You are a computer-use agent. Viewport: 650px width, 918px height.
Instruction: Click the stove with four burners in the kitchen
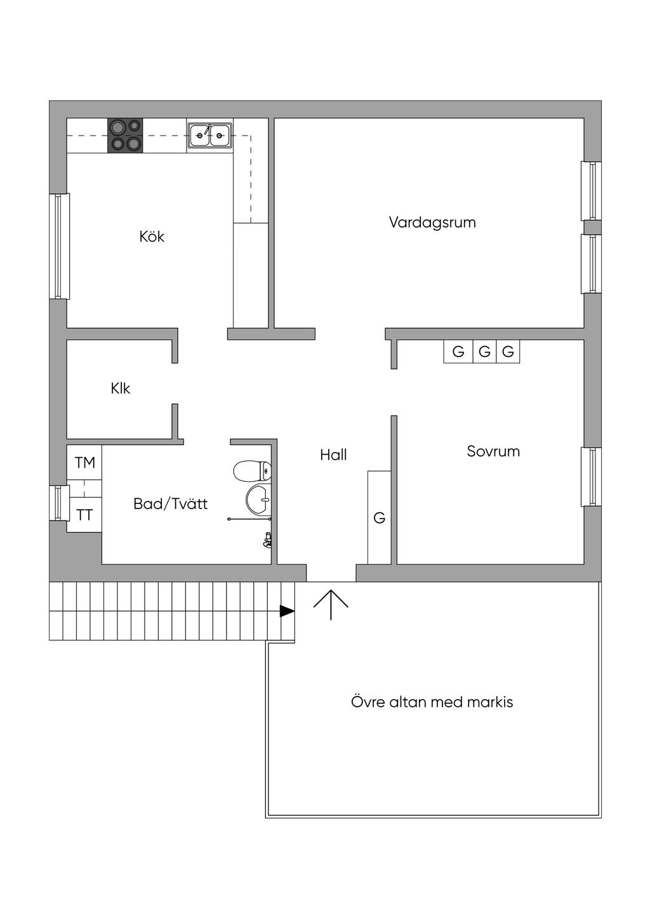(125, 135)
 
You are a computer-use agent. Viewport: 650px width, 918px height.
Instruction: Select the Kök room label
(152, 236)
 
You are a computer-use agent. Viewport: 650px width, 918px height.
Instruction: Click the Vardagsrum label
(432, 223)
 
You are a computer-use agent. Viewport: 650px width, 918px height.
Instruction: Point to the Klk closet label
(120, 388)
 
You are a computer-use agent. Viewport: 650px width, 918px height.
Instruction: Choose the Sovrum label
(493, 451)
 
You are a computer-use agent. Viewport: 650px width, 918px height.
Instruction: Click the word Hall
(333, 455)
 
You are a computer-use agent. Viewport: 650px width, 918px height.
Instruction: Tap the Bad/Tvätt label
(170, 504)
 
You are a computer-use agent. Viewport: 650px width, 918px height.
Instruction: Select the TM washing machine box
(84, 463)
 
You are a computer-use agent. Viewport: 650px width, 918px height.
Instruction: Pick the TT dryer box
(84, 515)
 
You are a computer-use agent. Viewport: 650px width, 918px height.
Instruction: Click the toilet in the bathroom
(252, 471)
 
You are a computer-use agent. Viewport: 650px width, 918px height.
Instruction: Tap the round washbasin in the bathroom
(258, 500)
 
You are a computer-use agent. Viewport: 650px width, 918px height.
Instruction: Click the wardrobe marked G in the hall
(379, 517)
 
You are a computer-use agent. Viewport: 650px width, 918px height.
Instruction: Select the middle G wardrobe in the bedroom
(484, 351)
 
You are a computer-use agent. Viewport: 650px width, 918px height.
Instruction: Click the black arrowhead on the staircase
(287, 611)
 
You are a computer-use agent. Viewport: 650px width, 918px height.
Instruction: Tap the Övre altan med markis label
(432, 702)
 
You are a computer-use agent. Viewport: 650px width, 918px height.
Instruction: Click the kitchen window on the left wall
(59, 246)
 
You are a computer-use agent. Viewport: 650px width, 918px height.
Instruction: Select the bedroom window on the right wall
(591, 477)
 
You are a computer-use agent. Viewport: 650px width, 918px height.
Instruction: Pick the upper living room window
(591, 191)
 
